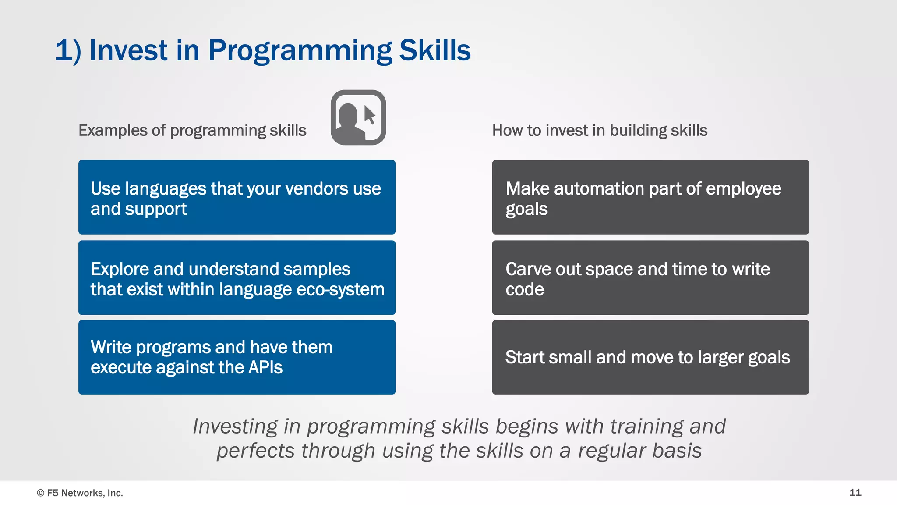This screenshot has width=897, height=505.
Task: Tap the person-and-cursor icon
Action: click(358, 117)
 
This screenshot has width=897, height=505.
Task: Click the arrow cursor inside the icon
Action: click(369, 115)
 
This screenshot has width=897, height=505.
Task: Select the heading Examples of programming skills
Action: click(192, 131)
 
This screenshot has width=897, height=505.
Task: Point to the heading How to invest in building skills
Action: click(600, 131)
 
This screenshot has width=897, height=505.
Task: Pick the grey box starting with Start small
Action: click(650, 357)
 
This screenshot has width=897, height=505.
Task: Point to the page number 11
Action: click(855, 492)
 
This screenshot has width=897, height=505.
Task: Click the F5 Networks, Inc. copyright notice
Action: click(80, 493)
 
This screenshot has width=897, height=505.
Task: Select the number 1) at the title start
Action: click(68, 51)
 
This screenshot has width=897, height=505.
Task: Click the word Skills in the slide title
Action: click(434, 51)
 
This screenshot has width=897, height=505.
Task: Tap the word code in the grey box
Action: click(525, 290)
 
